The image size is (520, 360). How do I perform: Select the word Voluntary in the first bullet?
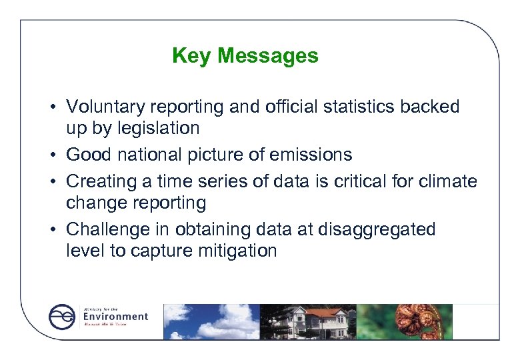pyautogui.click(x=107, y=107)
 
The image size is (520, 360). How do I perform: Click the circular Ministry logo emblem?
pyautogui.click(x=63, y=317)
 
